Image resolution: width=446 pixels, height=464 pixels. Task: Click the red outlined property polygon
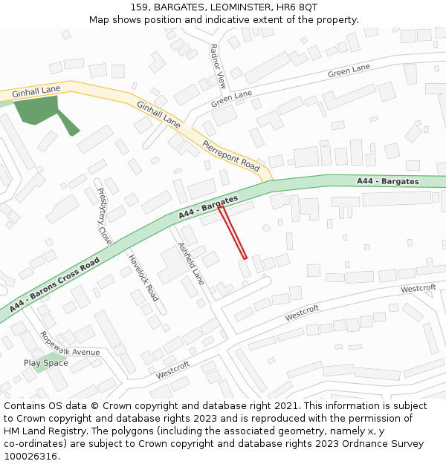pyautogui.click(x=233, y=233)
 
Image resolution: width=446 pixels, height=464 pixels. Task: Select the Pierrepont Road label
pyautogui.click(x=231, y=155)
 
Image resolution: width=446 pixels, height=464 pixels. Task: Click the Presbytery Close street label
pyautogui.click(x=104, y=216)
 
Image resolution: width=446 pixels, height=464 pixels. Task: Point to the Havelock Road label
pyautogui.click(x=143, y=278)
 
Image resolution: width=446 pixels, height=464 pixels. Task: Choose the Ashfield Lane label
pyautogui.click(x=190, y=264)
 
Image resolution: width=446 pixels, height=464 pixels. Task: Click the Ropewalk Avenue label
pyautogui.click(x=70, y=343)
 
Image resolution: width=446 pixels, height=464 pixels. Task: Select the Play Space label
pyautogui.click(x=45, y=363)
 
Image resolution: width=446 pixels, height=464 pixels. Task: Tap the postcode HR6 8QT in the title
pyautogui.click(x=300, y=7)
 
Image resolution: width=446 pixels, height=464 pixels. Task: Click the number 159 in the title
pyautogui.click(x=139, y=7)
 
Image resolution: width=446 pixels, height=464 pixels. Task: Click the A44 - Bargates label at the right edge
pyautogui.click(x=387, y=181)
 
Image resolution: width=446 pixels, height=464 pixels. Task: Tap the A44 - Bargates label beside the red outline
pyautogui.click(x=208, y=207)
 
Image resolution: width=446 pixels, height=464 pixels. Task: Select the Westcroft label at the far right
pyautogui.click(x=418, y=289)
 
